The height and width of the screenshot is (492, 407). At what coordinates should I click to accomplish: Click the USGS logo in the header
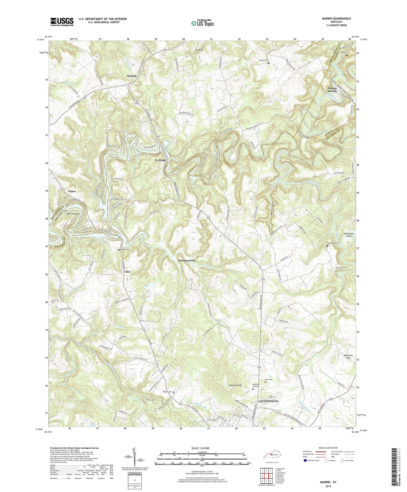tap(62, 22)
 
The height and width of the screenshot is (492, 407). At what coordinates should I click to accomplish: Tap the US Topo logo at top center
tap(202, 23)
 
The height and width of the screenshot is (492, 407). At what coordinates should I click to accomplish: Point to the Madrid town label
tap(132, 76)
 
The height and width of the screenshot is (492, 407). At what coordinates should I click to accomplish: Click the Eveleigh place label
tap(160, 160)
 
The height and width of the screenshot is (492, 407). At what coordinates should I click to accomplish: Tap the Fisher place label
tap(72, 191)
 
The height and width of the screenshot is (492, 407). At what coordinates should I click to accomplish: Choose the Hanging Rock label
tap(187, 261)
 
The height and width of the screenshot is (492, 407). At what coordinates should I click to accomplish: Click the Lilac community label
tap(127, 272)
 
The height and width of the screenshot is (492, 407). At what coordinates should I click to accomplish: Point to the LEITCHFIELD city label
tap(268, 401)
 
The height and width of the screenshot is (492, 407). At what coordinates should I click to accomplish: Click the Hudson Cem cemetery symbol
tap(268, 63)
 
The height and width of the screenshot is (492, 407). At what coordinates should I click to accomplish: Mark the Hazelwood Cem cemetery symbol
tap(327, 246)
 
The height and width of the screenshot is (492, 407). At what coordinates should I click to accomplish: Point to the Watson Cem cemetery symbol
tap(174, 392)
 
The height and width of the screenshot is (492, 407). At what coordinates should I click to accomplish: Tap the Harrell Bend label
tap(73, 214)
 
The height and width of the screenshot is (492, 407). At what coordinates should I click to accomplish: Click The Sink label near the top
tap(199, 50)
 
